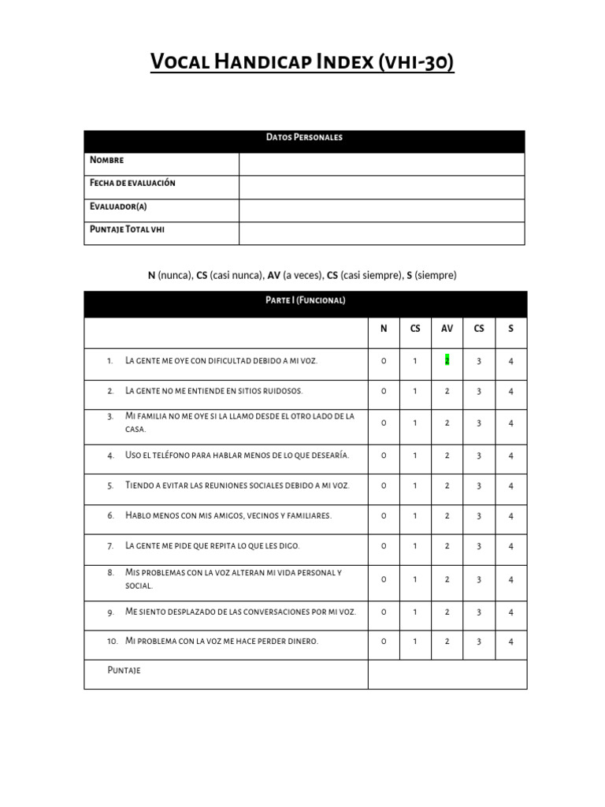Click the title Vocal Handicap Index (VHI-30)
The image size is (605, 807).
click(302, 62)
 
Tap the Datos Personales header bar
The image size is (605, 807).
click(304, 137)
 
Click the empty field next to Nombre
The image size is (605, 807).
click(381, 164)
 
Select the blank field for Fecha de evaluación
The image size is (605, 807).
click(381, 188)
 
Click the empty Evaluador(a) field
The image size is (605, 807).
click(381, 210)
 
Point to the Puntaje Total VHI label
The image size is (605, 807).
click(128, 229)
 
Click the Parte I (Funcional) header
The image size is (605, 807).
click(305, 300)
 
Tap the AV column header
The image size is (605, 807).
click(447, 329)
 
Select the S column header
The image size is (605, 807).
click(510, 329)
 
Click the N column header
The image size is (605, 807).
click(384, 329)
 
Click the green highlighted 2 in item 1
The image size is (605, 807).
click(447, 360)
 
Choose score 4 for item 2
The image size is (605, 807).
click(510, 391)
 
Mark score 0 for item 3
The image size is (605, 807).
click(384, 422)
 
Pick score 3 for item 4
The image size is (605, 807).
click(479, 456)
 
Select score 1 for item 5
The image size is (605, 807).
click(415, 485)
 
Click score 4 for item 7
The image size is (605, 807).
click(510, 546)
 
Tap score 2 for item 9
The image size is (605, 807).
click(447, 612)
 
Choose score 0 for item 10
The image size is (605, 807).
click(384, 642)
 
